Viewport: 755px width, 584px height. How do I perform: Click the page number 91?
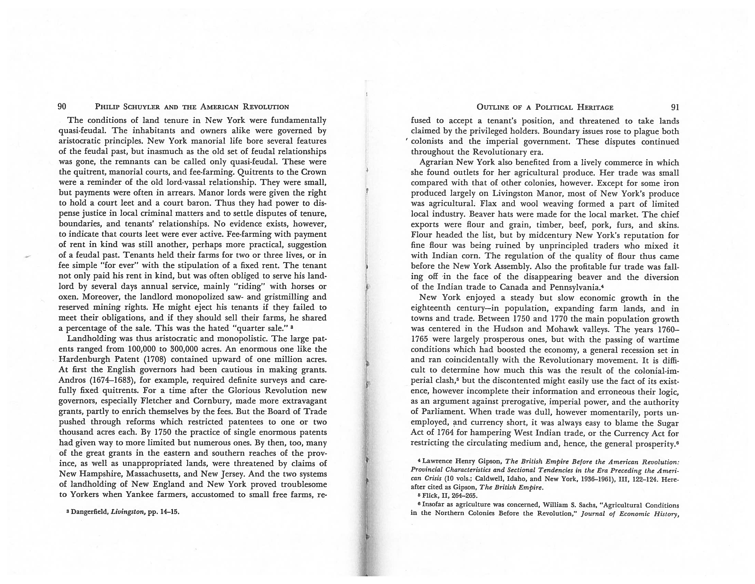pyautogui.click(x=675, y=107)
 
